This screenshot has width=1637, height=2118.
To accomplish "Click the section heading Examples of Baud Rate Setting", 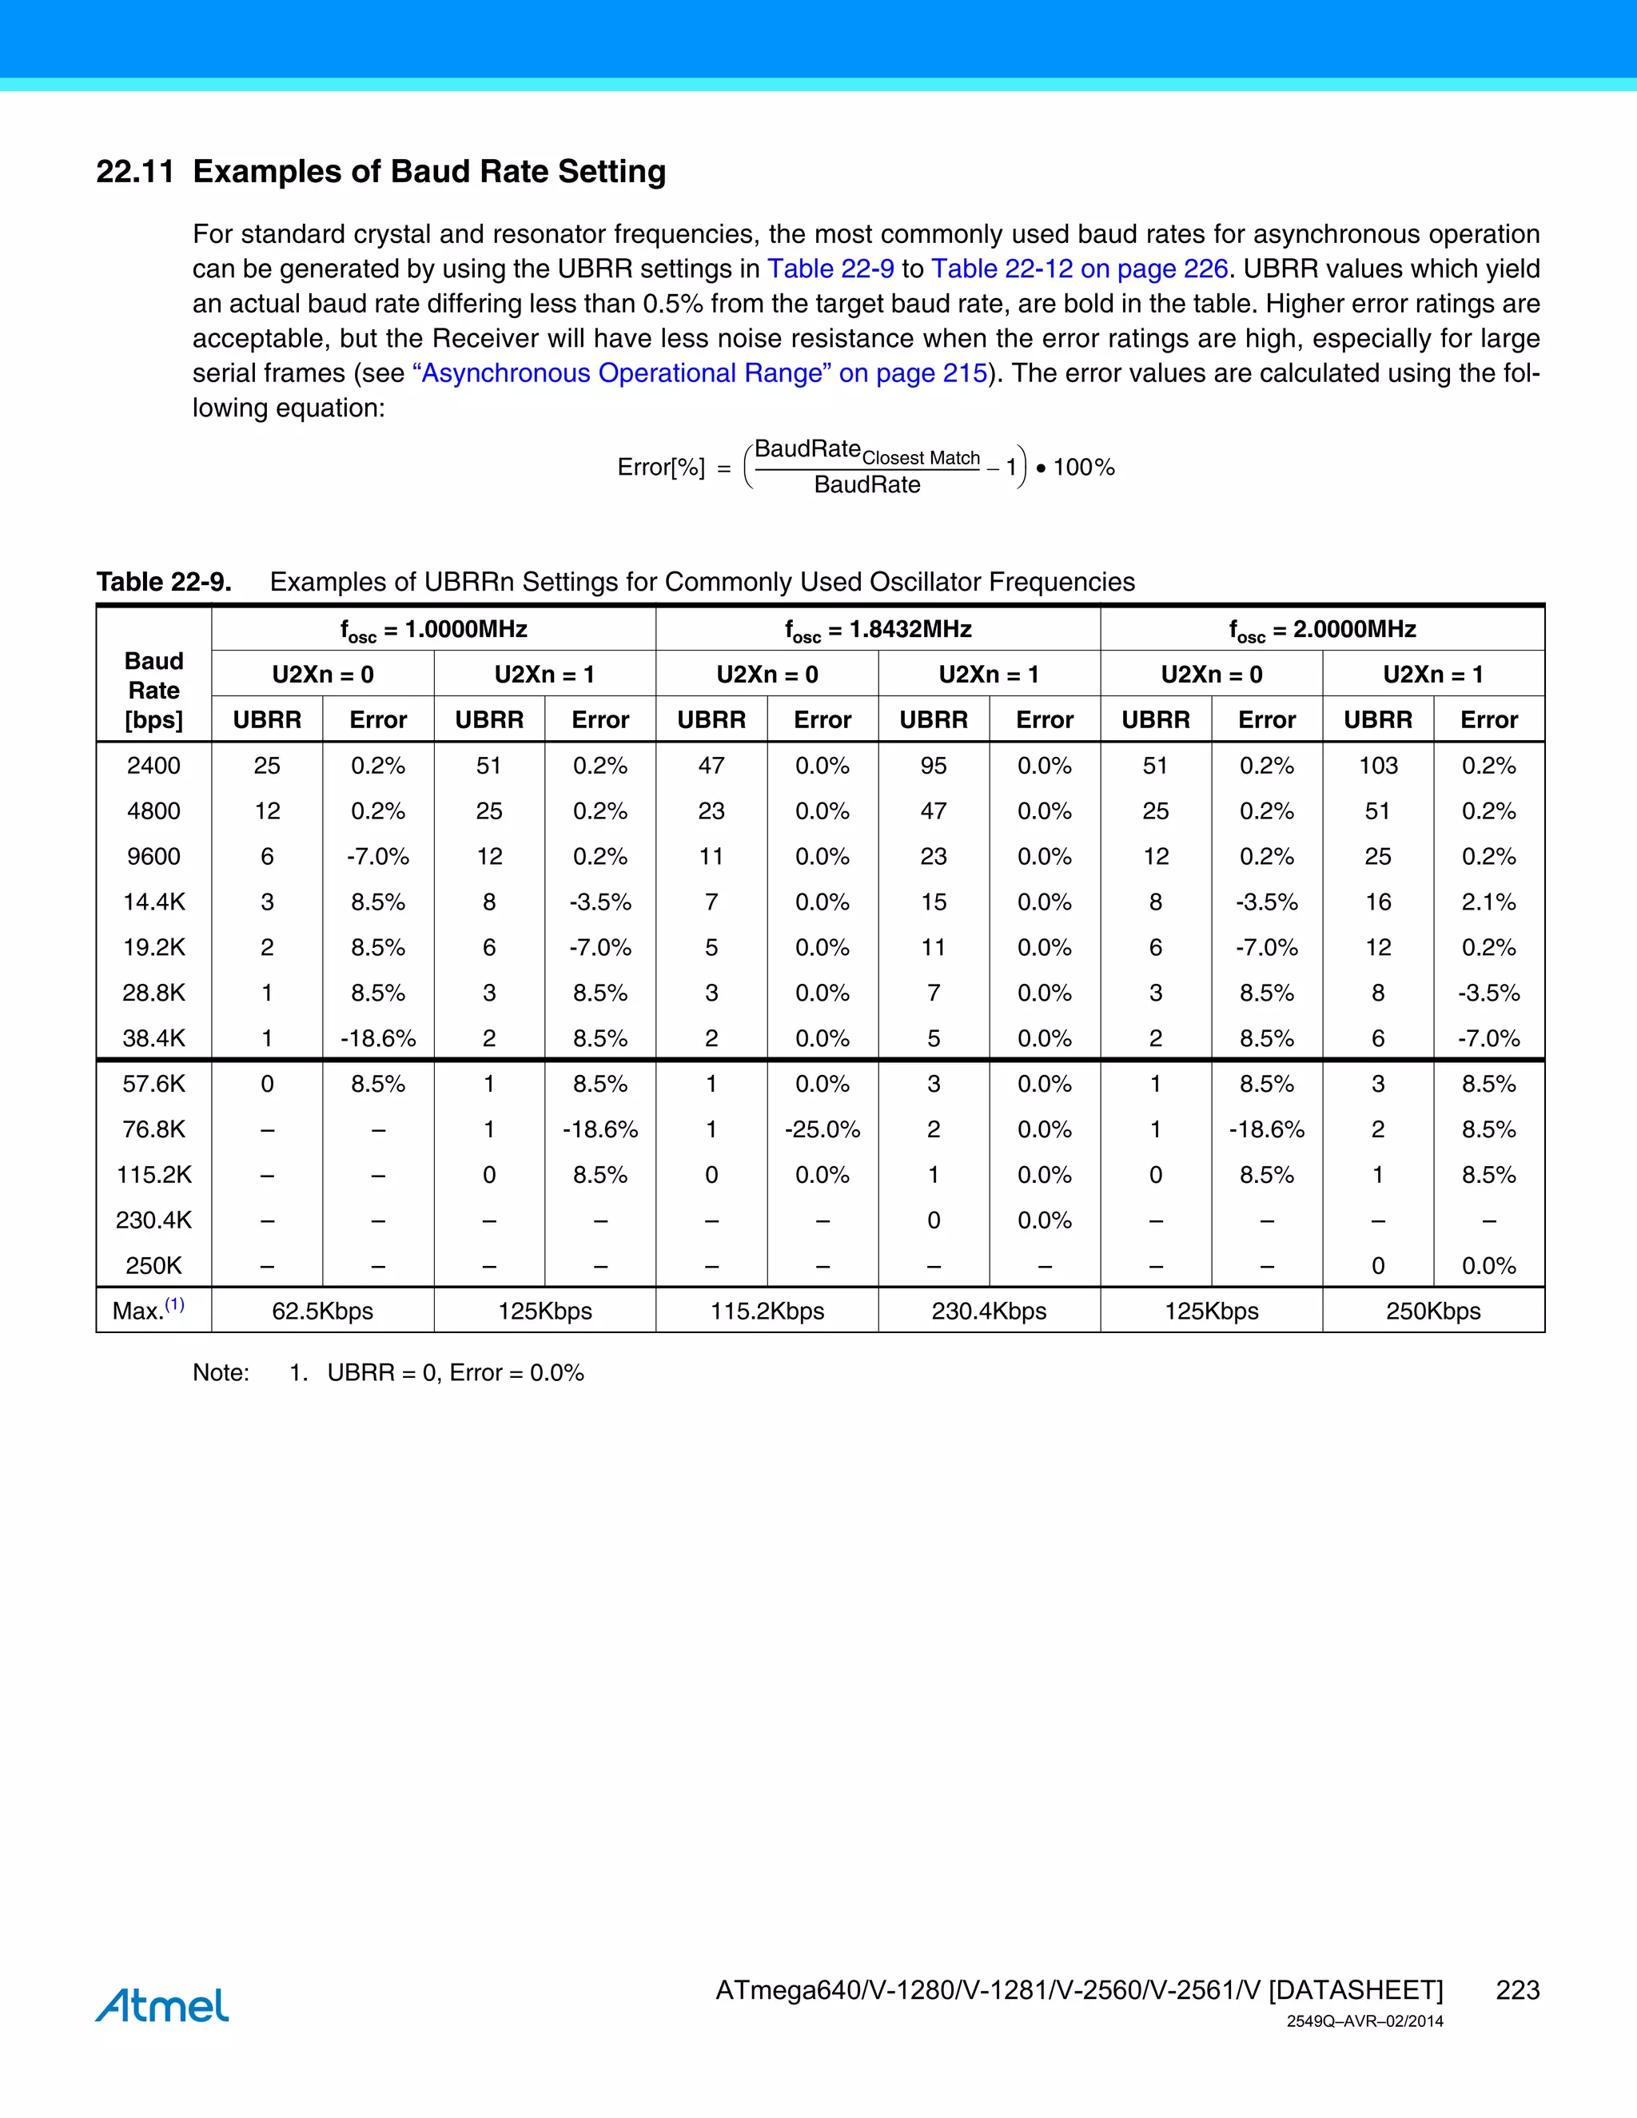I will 428,172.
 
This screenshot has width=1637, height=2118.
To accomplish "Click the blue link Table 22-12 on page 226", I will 1078,269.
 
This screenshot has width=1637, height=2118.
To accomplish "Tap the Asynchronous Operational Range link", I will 699,373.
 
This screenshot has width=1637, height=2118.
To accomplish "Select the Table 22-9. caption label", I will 164,582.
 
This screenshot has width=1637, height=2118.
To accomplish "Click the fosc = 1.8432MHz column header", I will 878,629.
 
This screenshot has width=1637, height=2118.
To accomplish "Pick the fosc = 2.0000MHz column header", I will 1322,629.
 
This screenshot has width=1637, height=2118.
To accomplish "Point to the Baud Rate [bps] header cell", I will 154,691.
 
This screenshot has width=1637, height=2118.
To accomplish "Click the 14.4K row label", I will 154,902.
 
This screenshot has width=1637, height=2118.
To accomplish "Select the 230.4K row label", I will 154,1220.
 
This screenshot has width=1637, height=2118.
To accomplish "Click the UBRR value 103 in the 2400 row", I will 1377,766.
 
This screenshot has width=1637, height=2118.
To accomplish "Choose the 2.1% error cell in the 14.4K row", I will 1488,902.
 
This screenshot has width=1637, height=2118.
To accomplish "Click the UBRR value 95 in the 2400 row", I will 933,766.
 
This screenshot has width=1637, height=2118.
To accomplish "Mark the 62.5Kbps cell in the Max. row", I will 322,1311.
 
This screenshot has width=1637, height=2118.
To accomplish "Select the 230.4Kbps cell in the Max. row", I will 990,1311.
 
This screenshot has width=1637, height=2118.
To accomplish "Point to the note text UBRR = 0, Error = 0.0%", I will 455,1373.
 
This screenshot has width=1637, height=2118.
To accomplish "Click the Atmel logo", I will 162,2005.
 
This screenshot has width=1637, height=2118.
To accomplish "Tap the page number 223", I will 1517,1990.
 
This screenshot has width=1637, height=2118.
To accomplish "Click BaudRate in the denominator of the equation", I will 867,485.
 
